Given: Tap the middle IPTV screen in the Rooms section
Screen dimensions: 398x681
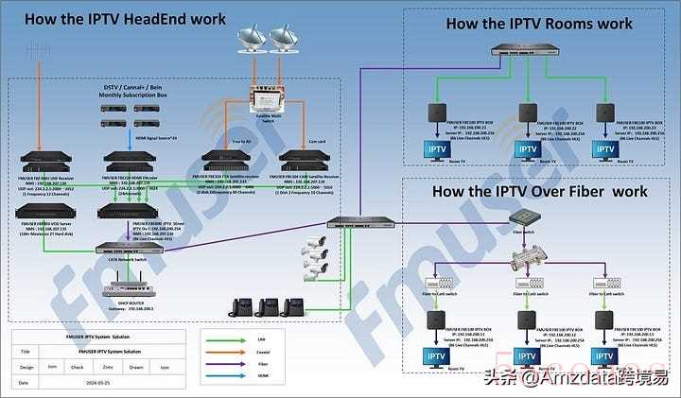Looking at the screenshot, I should tap(526, 148).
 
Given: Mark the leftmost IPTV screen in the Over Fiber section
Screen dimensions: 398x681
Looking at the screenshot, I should tap(436, 356).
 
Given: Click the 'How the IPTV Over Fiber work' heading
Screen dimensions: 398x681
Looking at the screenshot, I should tap(539, 192).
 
